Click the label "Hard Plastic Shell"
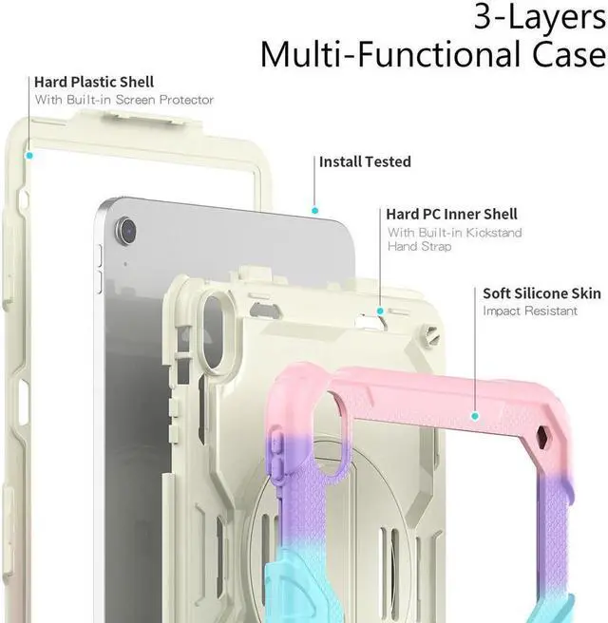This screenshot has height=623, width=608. [x=94, y=83]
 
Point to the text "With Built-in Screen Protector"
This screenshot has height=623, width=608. [x=124, y=100]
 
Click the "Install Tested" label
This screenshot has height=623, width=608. [x=365, y=162]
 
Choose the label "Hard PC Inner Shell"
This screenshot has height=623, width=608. [x=451, y=215]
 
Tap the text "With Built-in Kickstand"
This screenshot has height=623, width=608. [x=454, y=233]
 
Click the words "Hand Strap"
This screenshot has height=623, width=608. [x=420, y=247]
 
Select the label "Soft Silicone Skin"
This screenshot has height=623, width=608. [x=541, y=293]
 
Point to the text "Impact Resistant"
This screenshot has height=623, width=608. [x=530, y=311]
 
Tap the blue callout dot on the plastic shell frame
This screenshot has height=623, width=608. [x=30, y=154]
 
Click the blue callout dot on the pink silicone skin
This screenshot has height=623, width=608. [x=474, y=414]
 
